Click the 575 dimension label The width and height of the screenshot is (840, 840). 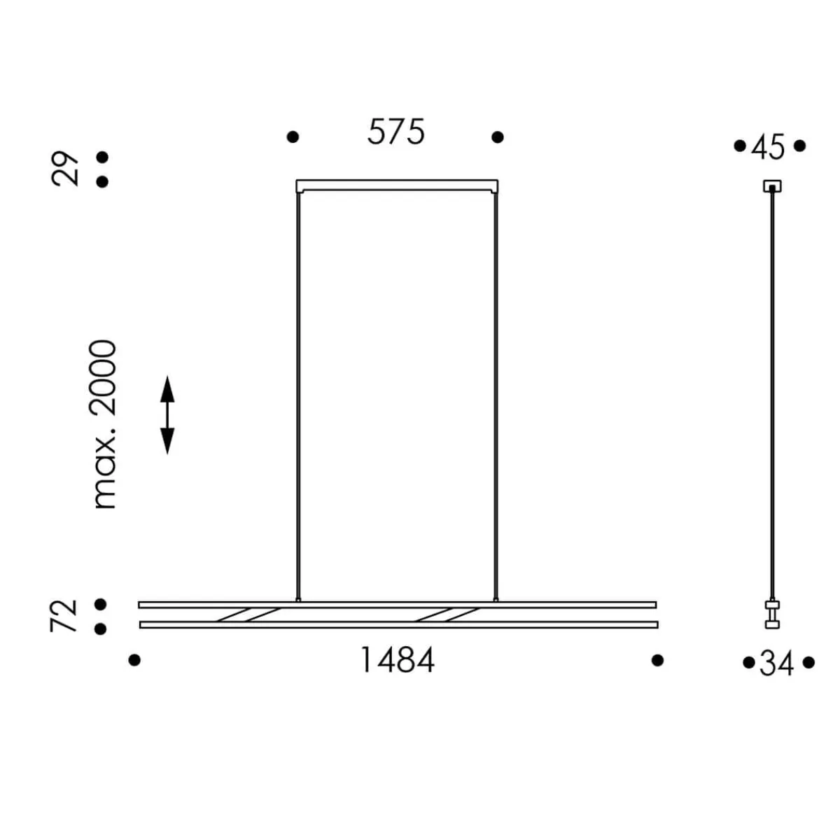396,132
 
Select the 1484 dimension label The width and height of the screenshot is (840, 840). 397,660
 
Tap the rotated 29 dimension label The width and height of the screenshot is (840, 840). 66,169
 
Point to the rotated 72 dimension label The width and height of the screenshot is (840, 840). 64,615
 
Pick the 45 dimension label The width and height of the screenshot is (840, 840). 769,148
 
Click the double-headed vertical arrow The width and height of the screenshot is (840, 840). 167,414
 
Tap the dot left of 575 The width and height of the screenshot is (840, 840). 293,137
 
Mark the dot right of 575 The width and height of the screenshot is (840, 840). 498,137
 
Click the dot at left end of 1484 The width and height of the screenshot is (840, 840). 135,660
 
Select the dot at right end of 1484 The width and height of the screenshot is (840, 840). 657,660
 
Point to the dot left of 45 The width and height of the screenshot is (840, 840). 739,146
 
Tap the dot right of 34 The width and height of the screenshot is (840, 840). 809,662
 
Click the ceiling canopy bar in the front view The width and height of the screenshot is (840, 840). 398,185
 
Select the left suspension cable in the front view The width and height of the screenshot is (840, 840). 299,392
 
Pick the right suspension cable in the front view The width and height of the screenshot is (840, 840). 496,392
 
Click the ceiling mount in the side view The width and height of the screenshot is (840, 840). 772,186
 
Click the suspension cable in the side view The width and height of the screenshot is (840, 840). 773,392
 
